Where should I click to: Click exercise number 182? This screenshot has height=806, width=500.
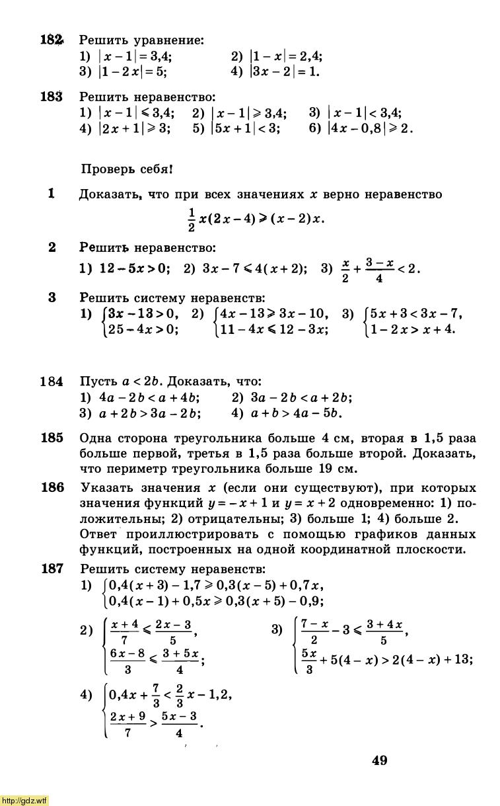point(51,40)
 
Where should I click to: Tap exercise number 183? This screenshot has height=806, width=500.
point(51,97)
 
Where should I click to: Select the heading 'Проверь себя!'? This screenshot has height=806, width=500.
point(126,169)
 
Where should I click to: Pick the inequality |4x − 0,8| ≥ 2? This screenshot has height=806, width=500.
point(370,128)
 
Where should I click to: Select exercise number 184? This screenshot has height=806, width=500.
point(51,382)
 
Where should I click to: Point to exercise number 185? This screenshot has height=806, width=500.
point(51,438)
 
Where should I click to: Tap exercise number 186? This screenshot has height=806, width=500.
point(51,488)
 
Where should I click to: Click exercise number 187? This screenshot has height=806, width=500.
point(51,568)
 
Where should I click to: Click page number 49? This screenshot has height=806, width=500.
point(379,761)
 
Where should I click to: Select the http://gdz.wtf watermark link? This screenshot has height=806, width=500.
point(24,801)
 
